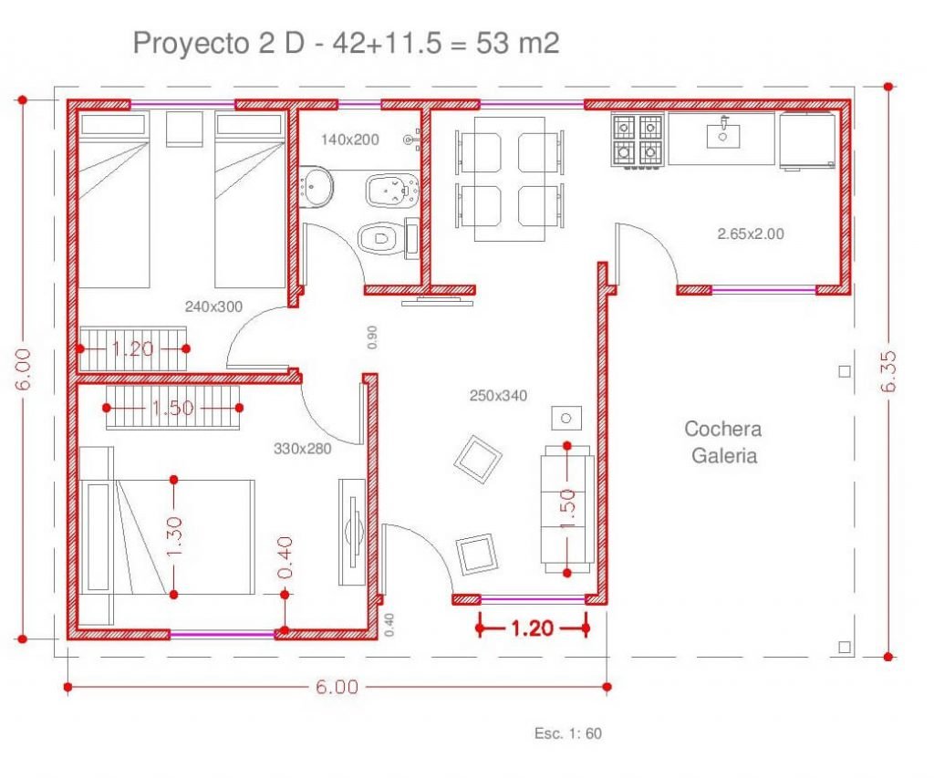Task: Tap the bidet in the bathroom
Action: (392, 191)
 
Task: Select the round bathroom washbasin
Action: (316, 186)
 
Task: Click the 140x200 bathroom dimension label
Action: (349, 140)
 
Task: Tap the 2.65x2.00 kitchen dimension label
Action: (751, 234)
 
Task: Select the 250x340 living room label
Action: (498, 396)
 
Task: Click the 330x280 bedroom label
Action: (303, 449)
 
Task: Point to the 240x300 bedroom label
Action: (213, 306)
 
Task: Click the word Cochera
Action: (722, 429)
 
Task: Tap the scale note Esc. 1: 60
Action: (567, 733)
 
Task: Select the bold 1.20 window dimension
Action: (533, 628)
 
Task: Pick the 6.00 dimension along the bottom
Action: (337, 687)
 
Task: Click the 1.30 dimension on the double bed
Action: (174, 536)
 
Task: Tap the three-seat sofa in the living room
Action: (567, 509)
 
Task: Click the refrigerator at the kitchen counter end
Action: (806, 140)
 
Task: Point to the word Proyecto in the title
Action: (191, 44)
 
